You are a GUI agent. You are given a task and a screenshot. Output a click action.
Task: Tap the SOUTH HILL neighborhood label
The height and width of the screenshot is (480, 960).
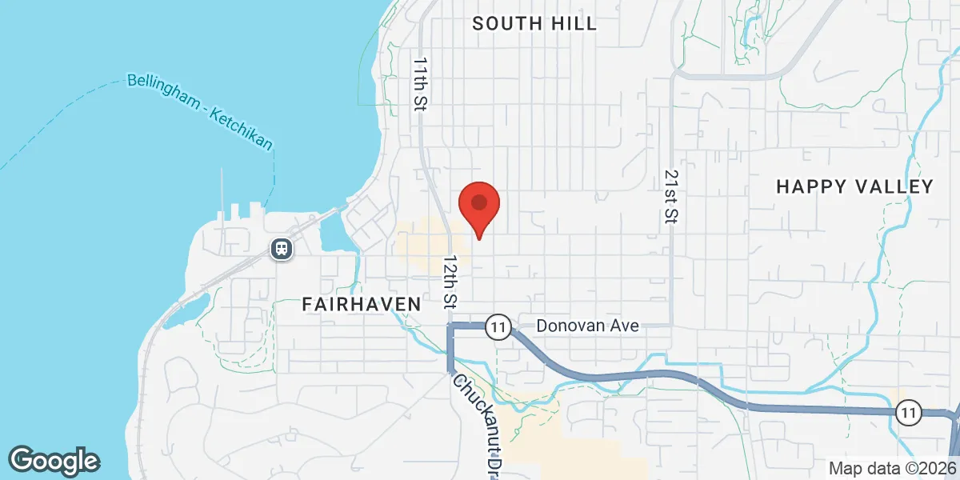(x=534, y=23)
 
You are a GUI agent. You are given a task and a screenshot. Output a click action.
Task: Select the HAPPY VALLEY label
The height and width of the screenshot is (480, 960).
(x=855, y=186)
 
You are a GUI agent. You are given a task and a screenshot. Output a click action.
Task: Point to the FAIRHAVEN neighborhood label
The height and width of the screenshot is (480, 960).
(x=362, y=304)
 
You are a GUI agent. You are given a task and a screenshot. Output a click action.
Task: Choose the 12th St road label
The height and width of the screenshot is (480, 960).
(x=450, y=282)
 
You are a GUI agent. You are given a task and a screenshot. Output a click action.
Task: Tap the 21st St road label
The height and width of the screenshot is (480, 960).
(x=670, y=196)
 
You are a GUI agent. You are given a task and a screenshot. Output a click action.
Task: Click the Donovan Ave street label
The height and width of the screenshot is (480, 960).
(x=588, y=326)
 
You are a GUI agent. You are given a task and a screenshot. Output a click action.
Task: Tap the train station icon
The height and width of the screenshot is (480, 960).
(x=282, y=249)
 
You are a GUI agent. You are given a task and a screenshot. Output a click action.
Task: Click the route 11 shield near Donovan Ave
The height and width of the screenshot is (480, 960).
(x=499, y=326)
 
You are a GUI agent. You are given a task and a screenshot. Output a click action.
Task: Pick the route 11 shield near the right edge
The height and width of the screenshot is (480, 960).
(x=908, y=413)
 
